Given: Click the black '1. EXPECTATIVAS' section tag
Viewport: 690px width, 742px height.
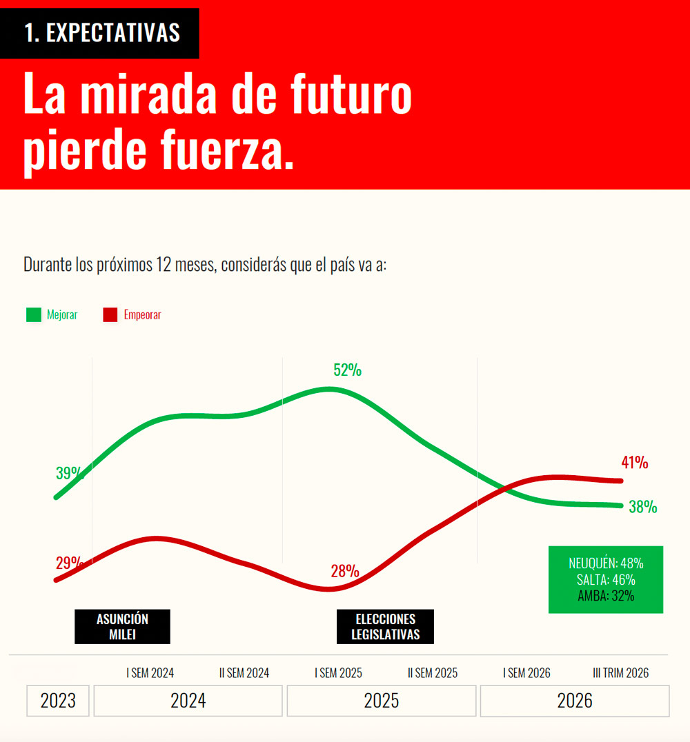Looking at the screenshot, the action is [x=99, y=33].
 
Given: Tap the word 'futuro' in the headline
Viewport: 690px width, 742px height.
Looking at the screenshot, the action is [x=351, y=94].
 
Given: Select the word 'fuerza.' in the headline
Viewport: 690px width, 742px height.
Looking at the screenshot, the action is [x=227, y=148].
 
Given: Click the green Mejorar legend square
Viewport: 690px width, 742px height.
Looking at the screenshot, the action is [x=34, y=314].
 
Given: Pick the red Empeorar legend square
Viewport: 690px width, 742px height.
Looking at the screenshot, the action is [x=110, y=314].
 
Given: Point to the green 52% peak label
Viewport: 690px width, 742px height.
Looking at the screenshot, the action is [x=347, y=370].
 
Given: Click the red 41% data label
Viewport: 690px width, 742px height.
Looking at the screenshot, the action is [x=635, y=462].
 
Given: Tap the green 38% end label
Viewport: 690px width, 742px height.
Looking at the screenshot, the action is [x=642, y=507].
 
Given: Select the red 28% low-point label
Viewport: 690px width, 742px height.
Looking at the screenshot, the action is [x=345, y=571].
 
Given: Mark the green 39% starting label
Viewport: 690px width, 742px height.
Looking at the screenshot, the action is [x=70, y=473].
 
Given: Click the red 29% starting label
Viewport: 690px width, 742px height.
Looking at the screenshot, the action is [x=70, y=563].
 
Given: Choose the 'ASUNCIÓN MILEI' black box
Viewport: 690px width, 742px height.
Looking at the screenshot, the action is [x=122, y=627].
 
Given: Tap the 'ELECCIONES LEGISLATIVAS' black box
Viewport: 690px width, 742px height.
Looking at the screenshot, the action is [x=385, y=627].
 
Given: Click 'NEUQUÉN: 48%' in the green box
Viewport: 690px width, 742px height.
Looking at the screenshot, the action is [x=606, y=563].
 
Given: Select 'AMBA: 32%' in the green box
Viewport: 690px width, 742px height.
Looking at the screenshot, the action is [x=606, y=596].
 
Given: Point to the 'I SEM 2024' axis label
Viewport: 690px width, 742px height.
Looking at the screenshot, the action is [x=150, y=673].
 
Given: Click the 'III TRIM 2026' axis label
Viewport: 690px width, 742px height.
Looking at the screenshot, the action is [x=620, y=673].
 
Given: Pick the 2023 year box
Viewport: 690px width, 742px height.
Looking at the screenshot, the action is [x=58, y=701].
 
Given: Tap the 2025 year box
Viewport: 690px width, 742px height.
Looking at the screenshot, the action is [x=382, y=701].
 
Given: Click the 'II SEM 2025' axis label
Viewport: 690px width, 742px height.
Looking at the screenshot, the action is [x=433, y=673].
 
